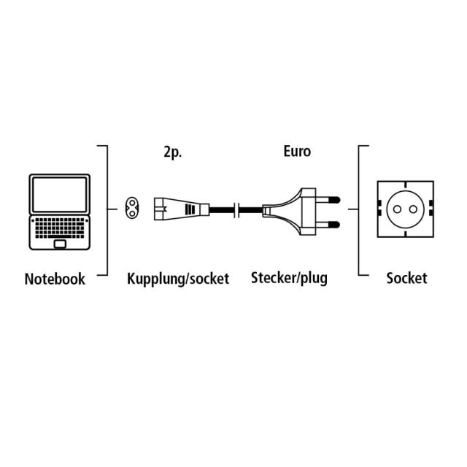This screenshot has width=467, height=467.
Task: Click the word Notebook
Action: coord(55,279)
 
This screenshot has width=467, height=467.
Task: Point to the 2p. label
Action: coord(172,153)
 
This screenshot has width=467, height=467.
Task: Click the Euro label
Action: coord(297,152)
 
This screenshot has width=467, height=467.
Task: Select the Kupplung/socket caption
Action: coord(178,279)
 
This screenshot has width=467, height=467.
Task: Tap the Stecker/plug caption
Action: coord(289,278)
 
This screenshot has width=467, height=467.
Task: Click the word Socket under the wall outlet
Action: coord(406,278)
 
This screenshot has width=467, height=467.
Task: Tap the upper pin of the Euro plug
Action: coord(333,197)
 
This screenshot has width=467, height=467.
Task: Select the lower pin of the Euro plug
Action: coord(333,223)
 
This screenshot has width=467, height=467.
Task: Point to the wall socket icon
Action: coord(406,209)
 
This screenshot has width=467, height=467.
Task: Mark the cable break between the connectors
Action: coord(236,209)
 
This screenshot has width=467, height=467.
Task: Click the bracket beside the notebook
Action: coord(107,209)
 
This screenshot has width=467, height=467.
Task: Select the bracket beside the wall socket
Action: coord(359,209)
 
